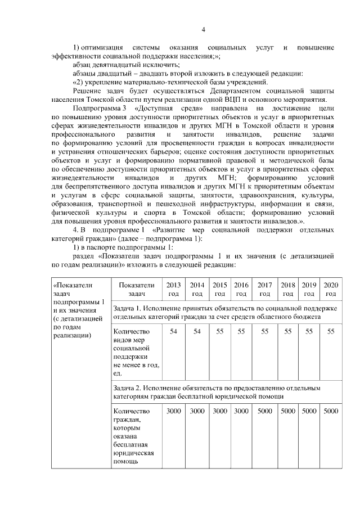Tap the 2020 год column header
point(331,289)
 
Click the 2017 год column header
point(264,289)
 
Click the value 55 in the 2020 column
point(331,332)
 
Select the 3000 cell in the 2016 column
point(241,411)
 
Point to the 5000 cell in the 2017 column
point(264,411)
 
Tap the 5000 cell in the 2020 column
point(331,411)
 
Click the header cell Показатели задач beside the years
point(136,289)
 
